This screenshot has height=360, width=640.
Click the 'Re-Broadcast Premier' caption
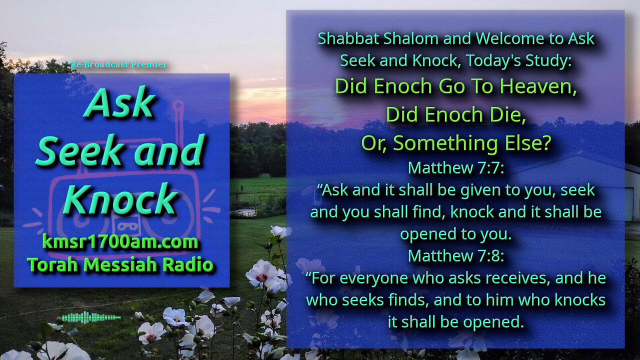(x=119, y=64)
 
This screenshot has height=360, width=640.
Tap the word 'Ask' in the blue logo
(x=119, y=102)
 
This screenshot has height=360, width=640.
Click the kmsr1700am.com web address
(x=120, y=241)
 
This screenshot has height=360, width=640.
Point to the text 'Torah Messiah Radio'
(x=120, y=264)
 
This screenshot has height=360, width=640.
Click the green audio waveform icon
(x=91, y=317)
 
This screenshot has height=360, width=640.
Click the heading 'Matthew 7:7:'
(x=456, y=167)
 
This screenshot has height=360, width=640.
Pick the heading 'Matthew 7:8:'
(x=456, y=255)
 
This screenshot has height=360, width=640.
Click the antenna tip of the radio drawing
(x=178, y=105)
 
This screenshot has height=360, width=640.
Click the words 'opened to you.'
(x=455, y=234)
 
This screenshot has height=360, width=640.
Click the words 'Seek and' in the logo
(x=120, y=150)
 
